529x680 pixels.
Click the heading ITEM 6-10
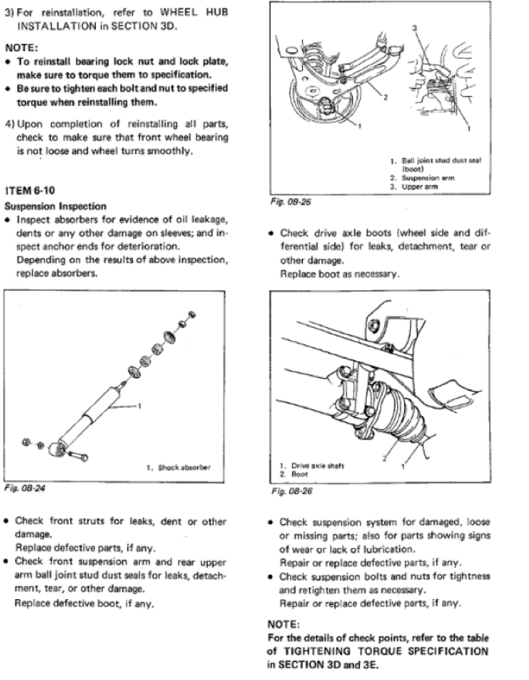point(31,190)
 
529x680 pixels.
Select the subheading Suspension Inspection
point(55,205)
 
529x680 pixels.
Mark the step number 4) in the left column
point(10,124)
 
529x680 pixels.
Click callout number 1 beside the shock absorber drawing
point(139,407)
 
